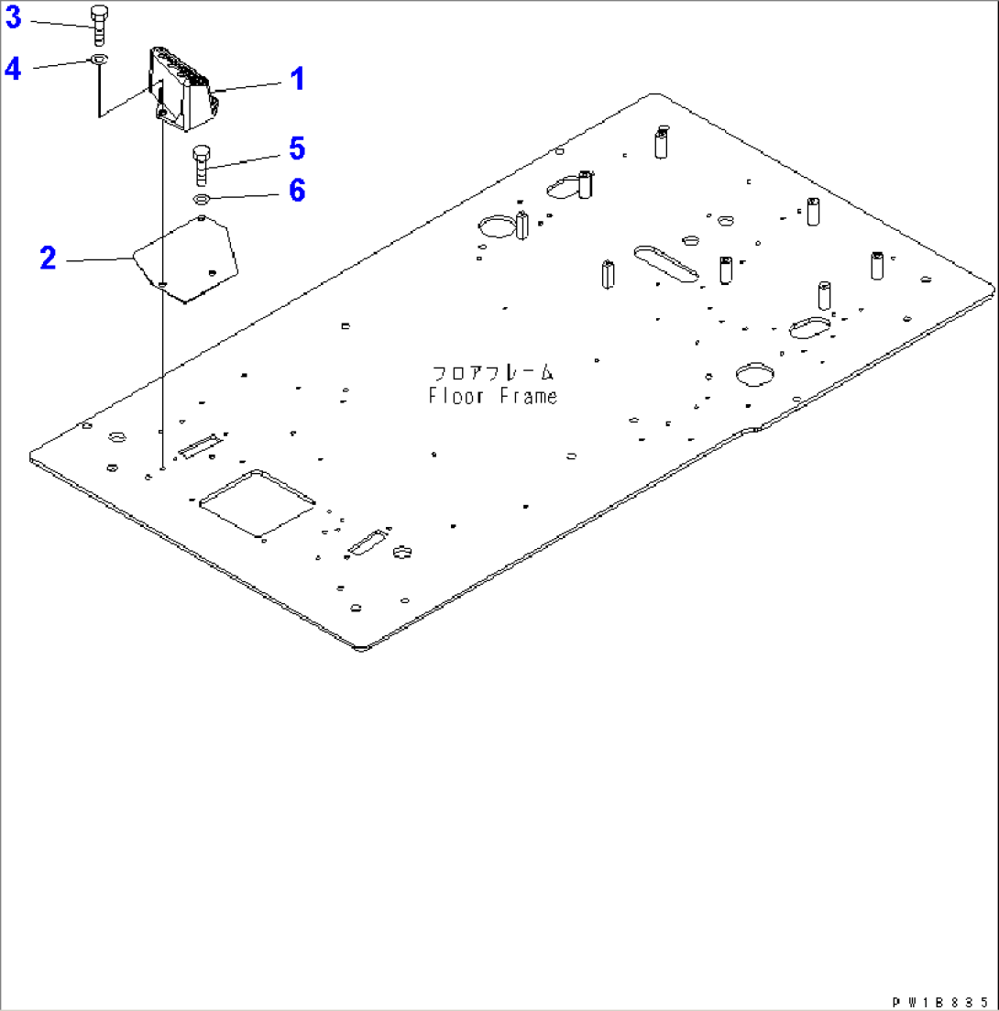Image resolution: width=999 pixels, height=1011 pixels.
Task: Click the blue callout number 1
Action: pos(296,80)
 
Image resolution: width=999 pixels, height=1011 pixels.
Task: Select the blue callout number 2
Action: pos(48,258)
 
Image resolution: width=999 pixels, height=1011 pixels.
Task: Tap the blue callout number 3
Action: pos(13,17)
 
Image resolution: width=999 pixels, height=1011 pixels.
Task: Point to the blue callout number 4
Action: pos(13,68)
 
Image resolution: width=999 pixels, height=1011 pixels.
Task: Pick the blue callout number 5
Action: pos(296,148)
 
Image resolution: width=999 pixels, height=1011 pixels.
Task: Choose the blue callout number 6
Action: pos(296,191)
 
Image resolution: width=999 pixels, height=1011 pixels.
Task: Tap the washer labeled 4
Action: pos(99,61)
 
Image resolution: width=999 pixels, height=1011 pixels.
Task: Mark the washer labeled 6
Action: pos(203,199)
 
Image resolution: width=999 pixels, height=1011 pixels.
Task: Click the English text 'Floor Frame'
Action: pos(492,397)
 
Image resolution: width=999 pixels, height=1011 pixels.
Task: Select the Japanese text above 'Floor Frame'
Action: pos(492,373)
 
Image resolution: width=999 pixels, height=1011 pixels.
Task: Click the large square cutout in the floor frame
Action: pos(258,503)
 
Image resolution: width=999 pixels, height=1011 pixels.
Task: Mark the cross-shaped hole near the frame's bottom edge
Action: pos(402,552)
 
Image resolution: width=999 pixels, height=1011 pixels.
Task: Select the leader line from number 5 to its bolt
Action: pos(247,159)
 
